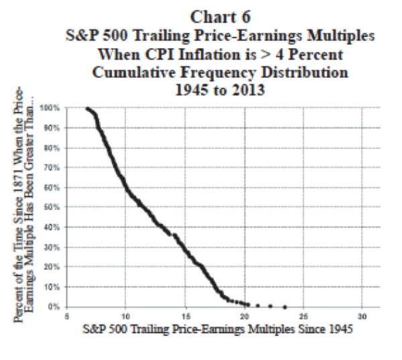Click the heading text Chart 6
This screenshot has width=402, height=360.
tap(220, 17)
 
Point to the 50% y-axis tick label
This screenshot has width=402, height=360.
tap(51, 207)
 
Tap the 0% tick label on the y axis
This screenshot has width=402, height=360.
tap(53, 307)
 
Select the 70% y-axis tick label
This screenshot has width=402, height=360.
tap(51, 167)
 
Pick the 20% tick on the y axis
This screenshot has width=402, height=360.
tap(51, 267)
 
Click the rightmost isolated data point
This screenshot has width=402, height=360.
tap(285, 307)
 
